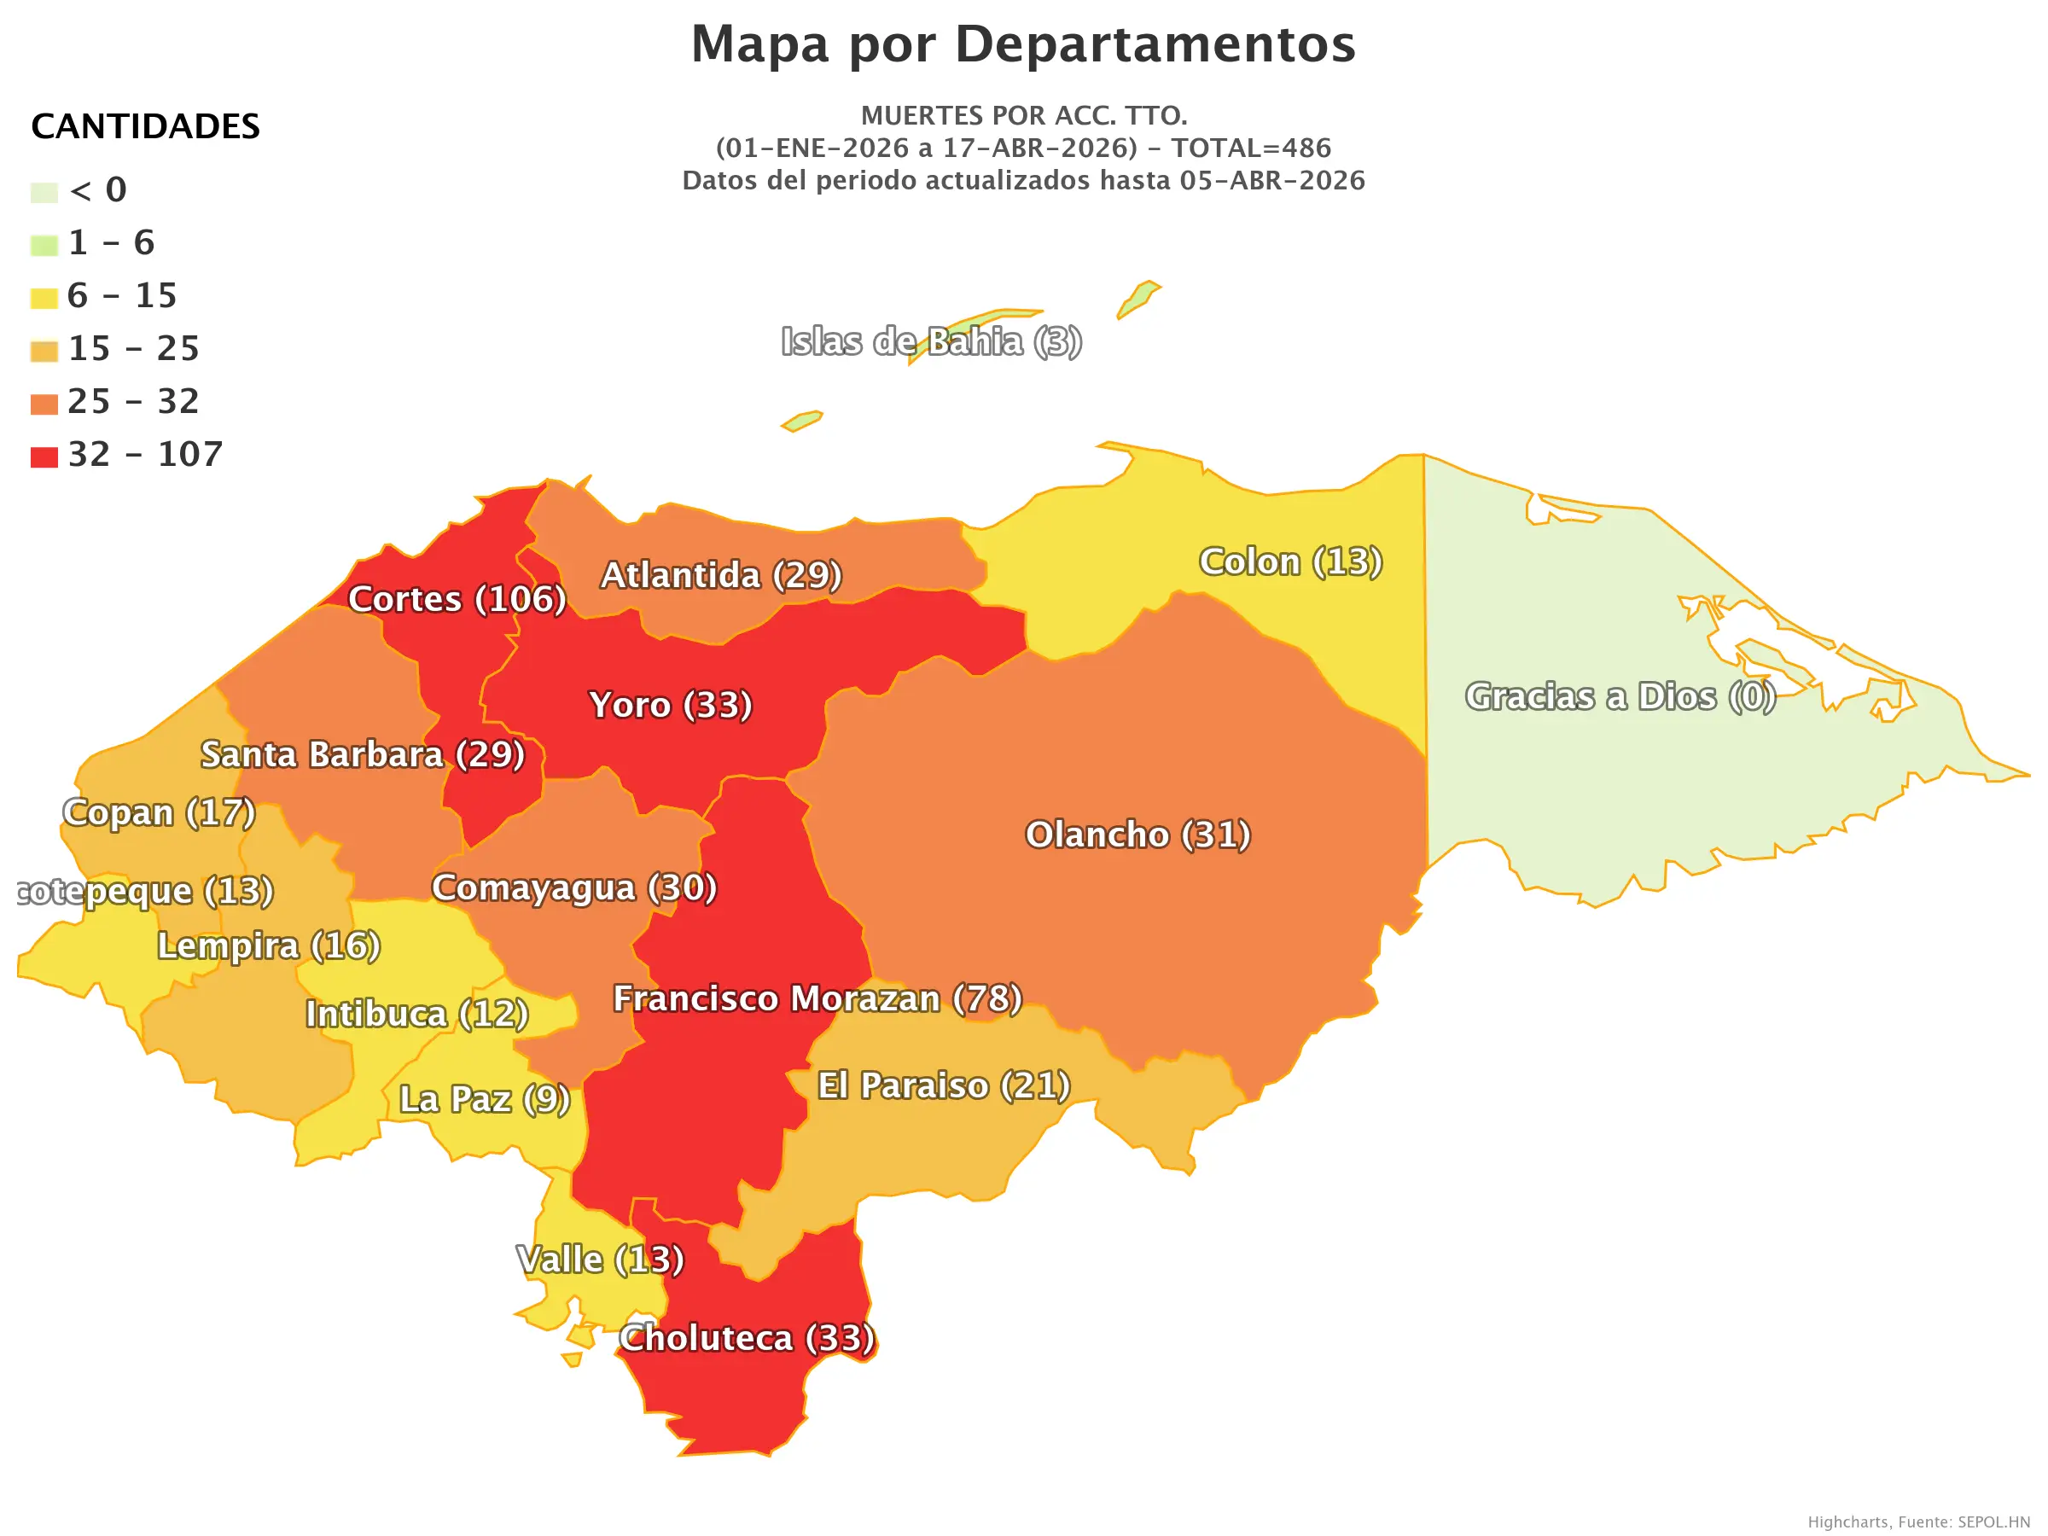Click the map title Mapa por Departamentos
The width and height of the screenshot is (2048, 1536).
pos(1023,44)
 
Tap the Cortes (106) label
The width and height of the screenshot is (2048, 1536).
pos(457,599)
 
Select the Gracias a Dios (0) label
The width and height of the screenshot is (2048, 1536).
pos(1620,696)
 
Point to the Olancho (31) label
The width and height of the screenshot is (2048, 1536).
pos(1137,835)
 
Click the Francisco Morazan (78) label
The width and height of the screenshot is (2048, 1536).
pos(817,998)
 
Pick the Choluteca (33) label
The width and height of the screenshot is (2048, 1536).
pos(747,1338)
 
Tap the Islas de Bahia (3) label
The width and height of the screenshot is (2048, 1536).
pos(930,341)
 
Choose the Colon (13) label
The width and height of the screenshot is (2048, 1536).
pos(1290,561)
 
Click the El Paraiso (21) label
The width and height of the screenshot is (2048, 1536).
pos(944,1085)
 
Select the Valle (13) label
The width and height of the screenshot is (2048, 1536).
pos(600,1260)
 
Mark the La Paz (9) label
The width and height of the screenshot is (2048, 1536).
pos(484,1099)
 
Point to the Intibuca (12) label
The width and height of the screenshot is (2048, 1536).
pos(416,1014)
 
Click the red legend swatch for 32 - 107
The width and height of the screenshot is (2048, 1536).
pos(44,457)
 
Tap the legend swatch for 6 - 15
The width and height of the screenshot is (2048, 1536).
pos(44,298)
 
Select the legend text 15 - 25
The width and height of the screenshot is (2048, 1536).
pos(133,349)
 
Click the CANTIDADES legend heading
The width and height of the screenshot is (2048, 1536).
pos(145,127)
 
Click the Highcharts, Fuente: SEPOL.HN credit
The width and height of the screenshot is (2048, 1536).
pos(1917,1521)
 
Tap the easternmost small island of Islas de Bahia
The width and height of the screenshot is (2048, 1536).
pos(1139,298)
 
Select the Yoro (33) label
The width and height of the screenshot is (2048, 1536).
pos(671,705)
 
